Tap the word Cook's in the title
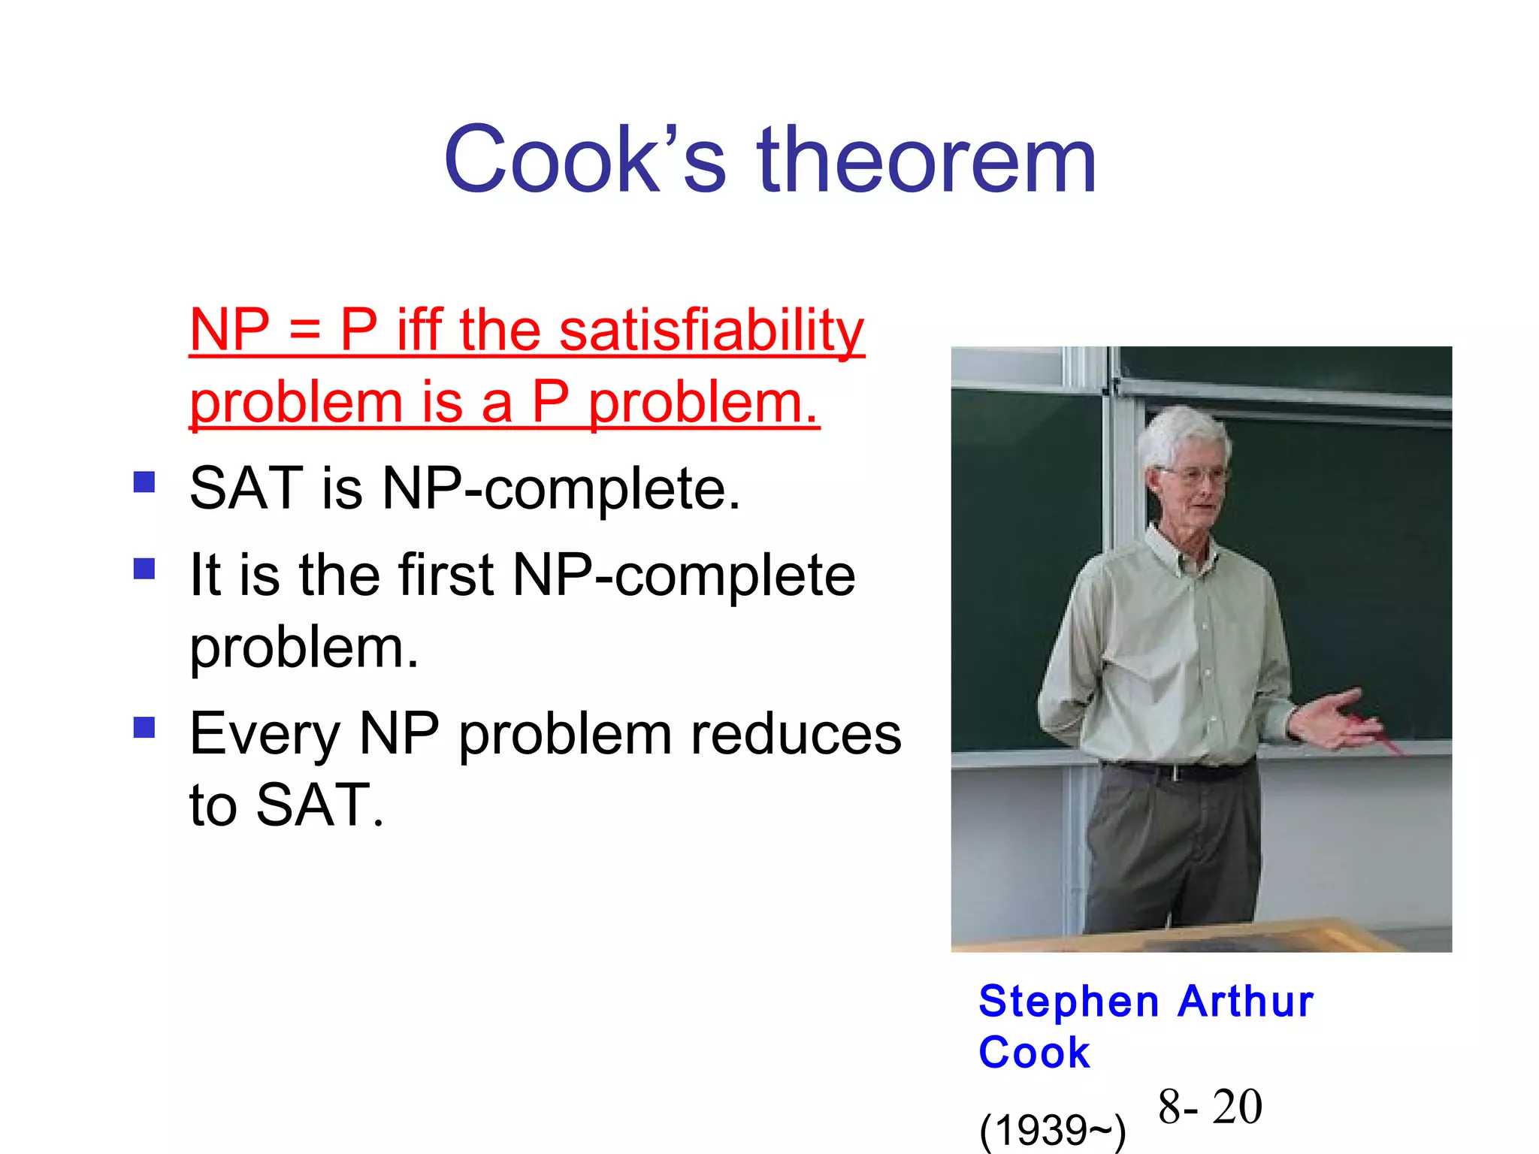coord(585,160)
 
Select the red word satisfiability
coord(712,331)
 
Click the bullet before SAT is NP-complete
coord(144,482)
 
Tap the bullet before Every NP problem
coord(144,727)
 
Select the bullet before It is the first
coord(144,569)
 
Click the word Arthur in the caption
coord(1245,1001)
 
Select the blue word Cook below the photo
coord(1034,1052)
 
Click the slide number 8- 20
coord(1210,1107)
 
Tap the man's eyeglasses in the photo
coord(1195,475)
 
